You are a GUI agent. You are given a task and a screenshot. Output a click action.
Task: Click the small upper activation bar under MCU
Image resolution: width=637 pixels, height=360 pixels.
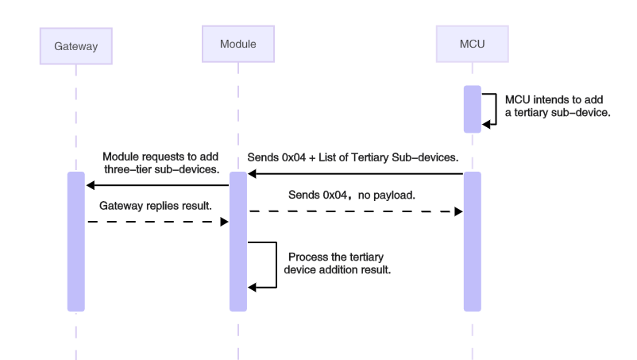472,108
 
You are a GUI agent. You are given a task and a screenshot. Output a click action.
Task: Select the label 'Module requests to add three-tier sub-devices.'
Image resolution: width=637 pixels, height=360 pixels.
160,161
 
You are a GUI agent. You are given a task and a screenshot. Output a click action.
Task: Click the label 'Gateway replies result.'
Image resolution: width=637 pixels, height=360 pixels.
155,205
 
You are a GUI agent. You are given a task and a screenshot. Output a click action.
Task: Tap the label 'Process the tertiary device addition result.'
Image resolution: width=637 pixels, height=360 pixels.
338,263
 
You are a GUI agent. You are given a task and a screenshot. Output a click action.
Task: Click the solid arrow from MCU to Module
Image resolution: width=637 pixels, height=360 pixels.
354,173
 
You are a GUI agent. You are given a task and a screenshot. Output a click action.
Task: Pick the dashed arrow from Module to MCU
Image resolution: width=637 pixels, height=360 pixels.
354,212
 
